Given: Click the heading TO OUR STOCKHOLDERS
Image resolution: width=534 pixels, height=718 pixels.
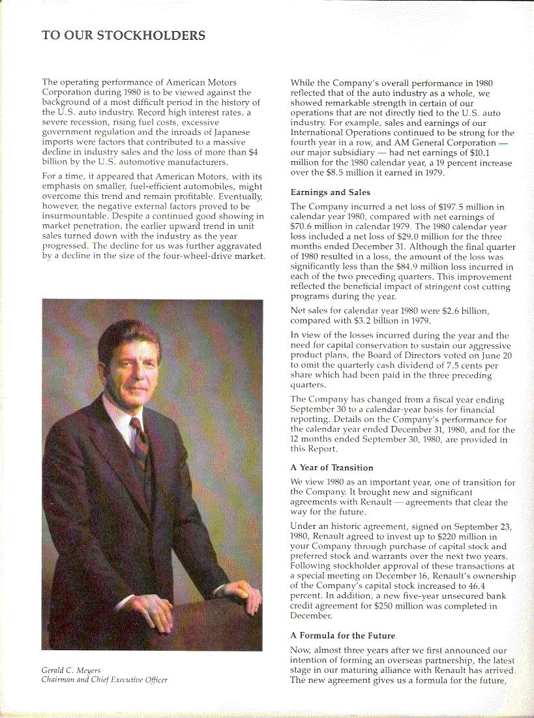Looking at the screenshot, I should click(124, 35).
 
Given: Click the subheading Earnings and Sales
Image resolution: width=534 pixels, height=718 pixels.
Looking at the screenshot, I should click(330, 192).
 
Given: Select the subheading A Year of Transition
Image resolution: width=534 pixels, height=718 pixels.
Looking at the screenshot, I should click(332, 468).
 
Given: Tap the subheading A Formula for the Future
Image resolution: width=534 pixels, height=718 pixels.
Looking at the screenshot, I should click(343, 635).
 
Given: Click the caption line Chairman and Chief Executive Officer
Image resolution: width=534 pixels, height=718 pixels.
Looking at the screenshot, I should click(105, 680).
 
